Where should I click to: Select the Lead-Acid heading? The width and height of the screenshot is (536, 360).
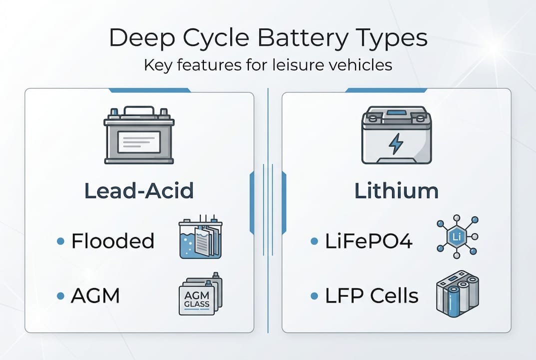point(139,191)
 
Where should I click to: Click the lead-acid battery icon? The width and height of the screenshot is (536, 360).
point(139,135)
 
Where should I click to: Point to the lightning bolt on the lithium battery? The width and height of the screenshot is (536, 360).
point(396,144)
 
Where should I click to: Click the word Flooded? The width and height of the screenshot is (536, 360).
point(113,241)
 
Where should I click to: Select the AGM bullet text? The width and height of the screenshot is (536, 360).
point(95,296)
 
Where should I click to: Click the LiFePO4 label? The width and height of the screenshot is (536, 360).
point(369,241)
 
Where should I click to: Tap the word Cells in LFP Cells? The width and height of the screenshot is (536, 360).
point(394,296)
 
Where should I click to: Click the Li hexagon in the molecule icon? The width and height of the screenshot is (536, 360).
point(455,236)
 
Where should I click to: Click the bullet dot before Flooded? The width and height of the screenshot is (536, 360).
point(60,241)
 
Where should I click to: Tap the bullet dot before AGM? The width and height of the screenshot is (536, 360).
point(60,296)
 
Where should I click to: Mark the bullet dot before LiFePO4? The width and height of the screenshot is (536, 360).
point(314,241)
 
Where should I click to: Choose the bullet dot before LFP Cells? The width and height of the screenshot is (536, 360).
point(314,296)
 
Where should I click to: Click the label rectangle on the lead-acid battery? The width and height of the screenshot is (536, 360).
point(139,142)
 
